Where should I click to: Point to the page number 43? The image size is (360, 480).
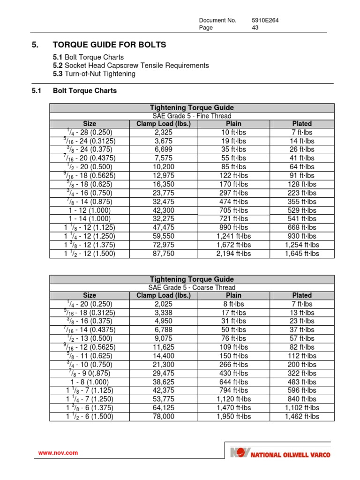coord(255,28)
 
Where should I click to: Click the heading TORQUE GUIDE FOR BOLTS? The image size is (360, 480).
coord(109,45)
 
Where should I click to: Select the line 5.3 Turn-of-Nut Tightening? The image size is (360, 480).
coord(94,74)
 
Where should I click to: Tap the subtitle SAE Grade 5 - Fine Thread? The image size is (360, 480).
coord(192,116)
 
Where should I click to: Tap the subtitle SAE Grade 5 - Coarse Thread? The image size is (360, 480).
coord(192,287)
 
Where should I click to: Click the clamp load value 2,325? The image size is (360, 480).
coord(164,133)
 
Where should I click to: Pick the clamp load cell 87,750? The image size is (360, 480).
coord(164,254)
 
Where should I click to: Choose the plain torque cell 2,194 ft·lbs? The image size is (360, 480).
coord(234,254)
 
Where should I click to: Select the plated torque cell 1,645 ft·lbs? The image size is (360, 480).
coord(302,254)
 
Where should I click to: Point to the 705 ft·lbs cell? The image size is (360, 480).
coord(234,210)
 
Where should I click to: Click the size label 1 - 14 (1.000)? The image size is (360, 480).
coord(90,219)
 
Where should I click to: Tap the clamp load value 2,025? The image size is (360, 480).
coord(164,304)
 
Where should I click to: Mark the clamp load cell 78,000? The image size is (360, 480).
coord(164,416)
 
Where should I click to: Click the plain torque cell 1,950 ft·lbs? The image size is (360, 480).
coord(234,416)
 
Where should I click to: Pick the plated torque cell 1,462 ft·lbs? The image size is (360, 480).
coord(302,416)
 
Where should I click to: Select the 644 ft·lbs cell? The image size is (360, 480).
coord(234,382)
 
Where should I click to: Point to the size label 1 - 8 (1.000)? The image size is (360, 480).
coord(90,382)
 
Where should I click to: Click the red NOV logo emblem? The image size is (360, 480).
coord(240,453)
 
